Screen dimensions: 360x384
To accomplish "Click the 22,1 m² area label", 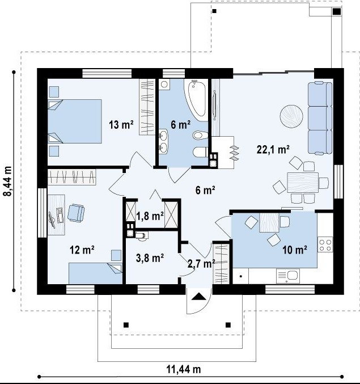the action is (273, 149).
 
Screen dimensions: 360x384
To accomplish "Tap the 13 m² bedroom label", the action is (121, 125).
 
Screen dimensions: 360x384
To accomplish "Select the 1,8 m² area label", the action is (150, 216).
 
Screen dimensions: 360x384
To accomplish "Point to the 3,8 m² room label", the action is (150, 258).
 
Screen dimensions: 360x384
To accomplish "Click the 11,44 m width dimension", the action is (184, 369).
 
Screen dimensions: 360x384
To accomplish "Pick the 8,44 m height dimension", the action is (7, 181).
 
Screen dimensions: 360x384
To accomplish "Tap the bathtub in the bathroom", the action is (196, 100).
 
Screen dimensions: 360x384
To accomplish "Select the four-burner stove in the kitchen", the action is (325, 244).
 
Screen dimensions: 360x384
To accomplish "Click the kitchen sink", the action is (288, 276).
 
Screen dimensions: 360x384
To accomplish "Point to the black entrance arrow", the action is (199, 297).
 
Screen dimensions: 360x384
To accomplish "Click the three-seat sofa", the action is (320, 118).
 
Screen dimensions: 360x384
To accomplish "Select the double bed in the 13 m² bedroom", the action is (75, 121).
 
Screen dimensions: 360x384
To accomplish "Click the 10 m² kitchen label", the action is (295, 250).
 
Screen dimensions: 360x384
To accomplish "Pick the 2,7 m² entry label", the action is (201, 264).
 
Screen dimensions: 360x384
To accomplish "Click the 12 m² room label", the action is (82, 250).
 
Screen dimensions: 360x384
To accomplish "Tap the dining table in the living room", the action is (303, 183).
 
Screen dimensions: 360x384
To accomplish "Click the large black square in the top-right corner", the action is (337, 11).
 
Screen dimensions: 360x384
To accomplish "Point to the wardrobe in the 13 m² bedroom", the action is (147, 107).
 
